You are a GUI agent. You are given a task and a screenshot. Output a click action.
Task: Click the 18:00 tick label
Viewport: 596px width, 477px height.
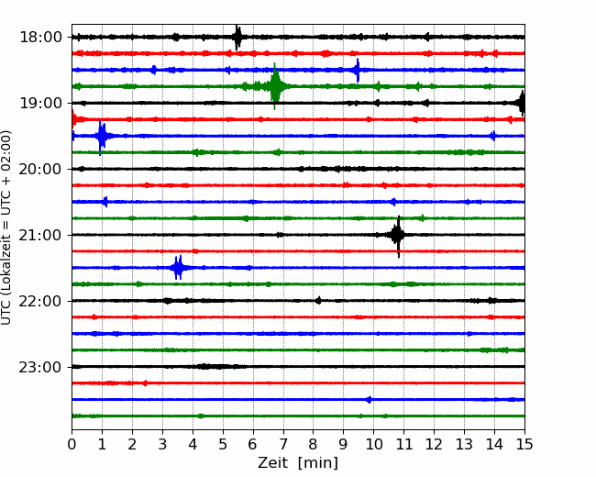coord(40,38)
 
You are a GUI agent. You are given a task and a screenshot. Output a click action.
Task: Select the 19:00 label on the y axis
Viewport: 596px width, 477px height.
coord(40,103)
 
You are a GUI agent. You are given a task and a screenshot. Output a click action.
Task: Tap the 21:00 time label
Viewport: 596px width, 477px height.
coord(40,235)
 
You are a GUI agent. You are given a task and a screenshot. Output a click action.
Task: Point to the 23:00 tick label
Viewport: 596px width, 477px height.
coord(40,367)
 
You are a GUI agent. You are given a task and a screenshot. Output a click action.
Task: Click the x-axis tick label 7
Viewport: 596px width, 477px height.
coord(283,444)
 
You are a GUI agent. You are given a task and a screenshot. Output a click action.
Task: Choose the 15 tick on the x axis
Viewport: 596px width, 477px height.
coord(524,444)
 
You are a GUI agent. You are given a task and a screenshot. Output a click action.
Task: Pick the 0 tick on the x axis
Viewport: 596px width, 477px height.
coord(72,444)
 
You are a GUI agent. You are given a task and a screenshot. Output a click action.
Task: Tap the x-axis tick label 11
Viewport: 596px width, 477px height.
coord(403,444)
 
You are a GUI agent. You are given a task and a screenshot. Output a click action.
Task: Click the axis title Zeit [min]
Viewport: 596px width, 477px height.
coord(298,463)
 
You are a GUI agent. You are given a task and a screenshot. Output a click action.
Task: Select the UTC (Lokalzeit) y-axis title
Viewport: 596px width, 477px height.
coord(6,227)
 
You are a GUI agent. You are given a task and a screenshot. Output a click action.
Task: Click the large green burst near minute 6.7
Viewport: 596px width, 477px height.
coord(275,86)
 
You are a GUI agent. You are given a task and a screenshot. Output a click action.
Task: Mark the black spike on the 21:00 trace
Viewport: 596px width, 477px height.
coord(398,236)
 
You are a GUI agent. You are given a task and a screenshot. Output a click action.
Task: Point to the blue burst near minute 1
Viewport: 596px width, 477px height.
coord(101,137)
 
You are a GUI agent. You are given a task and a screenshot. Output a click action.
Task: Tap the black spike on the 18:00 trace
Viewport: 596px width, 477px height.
coord(237,38)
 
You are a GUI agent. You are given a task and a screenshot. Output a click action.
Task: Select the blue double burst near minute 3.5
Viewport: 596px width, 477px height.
coord(178,268)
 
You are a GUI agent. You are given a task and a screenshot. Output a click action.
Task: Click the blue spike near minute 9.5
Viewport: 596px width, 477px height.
coord(358,70)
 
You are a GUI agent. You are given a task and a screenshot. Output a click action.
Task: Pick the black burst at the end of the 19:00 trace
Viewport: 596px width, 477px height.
coord(522,103)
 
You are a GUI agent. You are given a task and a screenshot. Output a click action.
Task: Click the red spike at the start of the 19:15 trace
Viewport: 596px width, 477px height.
coord(73,119)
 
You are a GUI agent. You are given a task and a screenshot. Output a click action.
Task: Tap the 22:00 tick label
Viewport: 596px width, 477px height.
coord(40,301)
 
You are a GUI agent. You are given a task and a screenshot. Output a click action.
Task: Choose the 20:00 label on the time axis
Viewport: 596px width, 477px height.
coord(40,169)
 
